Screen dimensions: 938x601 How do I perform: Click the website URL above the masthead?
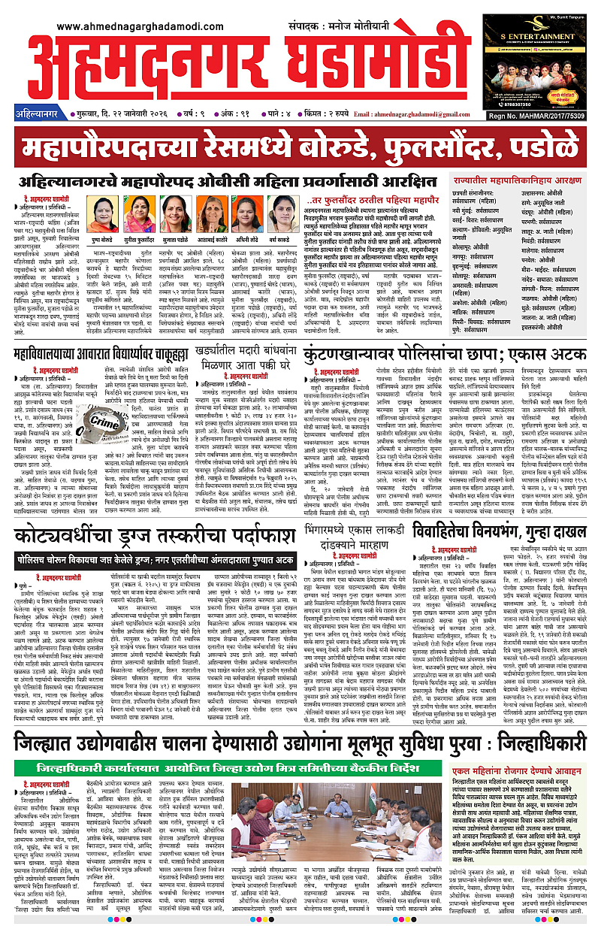click(131, 26)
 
